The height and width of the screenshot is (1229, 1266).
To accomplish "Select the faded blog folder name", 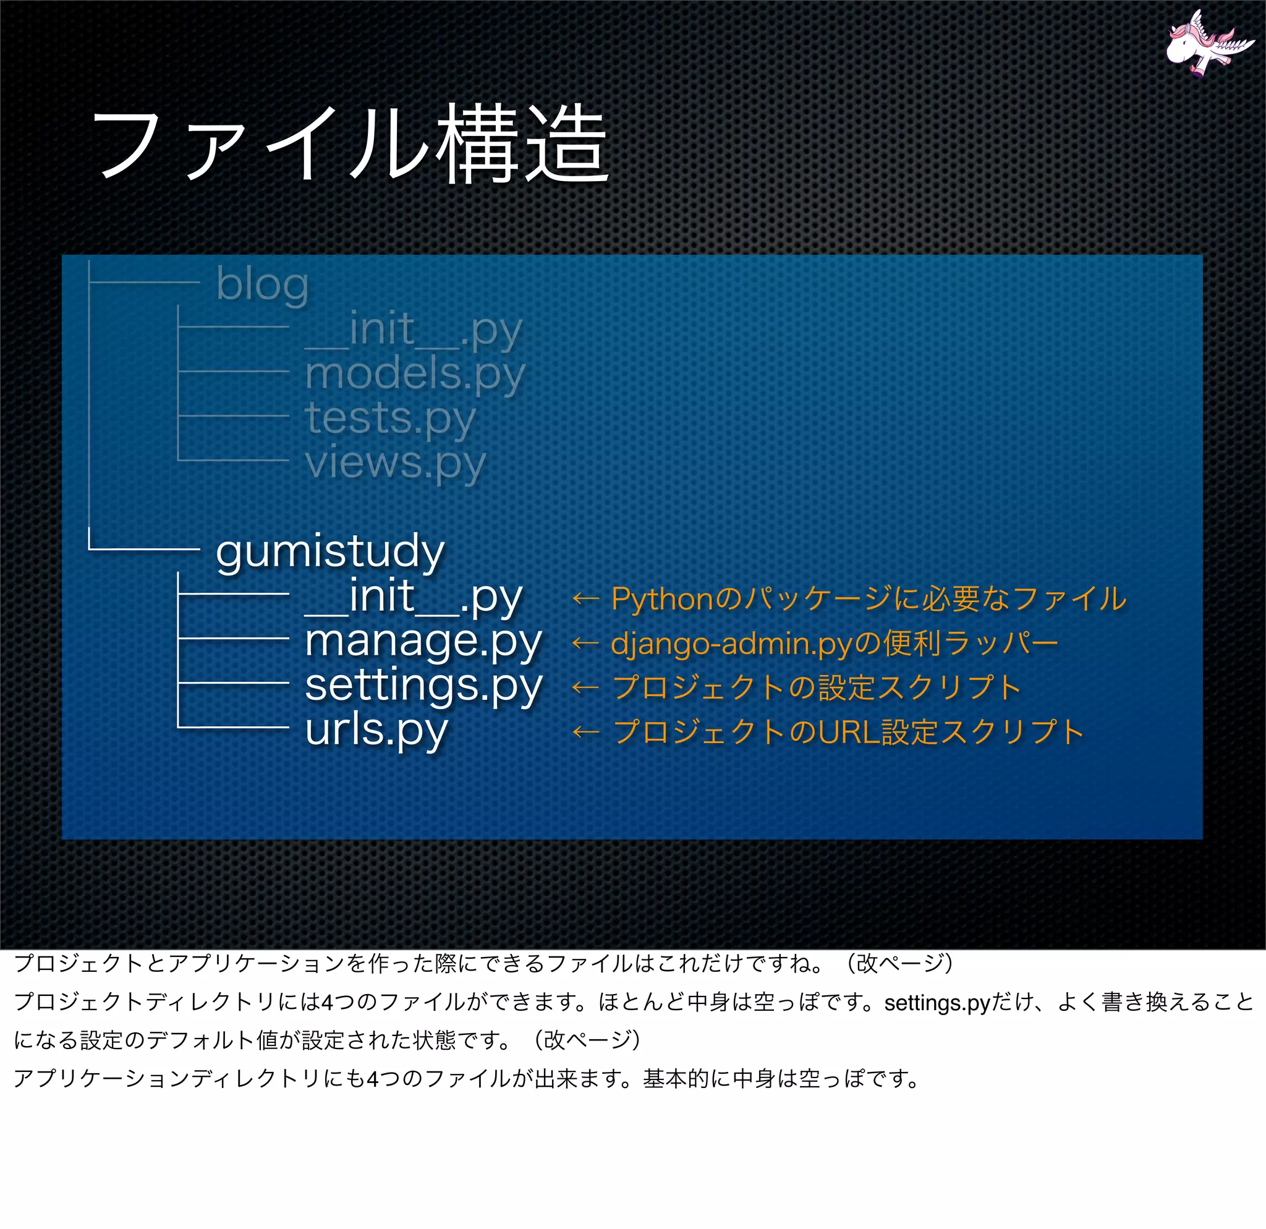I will [262, 284].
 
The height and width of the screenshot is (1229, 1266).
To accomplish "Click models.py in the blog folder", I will [415, 375].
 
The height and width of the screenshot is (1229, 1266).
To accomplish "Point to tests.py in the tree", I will [390, 419].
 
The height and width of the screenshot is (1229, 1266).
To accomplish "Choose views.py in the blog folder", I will [394, 463].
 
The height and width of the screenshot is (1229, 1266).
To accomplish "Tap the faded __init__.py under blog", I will [414, 330].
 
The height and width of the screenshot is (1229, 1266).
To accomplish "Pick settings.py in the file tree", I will [423, 685].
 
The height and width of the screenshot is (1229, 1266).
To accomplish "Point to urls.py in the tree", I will [376, 729].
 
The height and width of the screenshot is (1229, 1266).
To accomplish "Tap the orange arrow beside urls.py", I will [585, 733].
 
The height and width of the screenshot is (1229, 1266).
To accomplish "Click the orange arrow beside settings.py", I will [585, 688].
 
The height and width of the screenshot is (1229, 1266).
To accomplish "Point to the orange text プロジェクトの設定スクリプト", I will [817, 688].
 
